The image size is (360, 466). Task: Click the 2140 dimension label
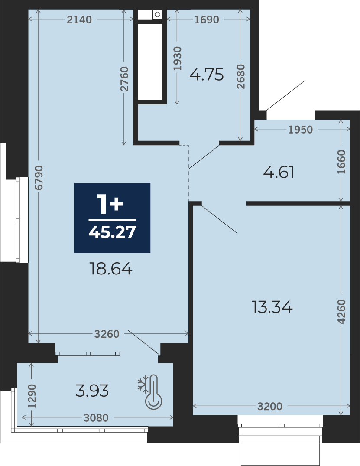point(79,20)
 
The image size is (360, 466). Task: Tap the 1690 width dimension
point(207,20)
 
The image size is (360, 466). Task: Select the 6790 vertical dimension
point(39,178)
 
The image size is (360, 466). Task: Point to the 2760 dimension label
point(124,79)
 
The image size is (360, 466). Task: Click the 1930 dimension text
point(177,59)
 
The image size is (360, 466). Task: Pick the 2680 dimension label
point(241,76)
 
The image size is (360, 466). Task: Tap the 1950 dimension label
point(301,130)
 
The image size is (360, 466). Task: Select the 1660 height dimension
point(341,162)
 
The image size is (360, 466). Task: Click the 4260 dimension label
point(341,311)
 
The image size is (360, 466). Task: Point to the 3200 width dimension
point(270,406)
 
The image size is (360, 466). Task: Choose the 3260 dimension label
point(107,334)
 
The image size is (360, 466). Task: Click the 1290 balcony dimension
point(32,396)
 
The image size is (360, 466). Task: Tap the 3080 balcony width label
point(96,418)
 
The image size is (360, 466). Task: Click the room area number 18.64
point(111,269)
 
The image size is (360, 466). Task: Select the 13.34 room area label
point(272,307)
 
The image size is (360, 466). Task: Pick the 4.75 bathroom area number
point(207,75)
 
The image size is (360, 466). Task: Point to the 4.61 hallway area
point(279,172)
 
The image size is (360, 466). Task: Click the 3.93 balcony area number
point(92,391)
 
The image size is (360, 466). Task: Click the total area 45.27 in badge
point(112,232)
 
